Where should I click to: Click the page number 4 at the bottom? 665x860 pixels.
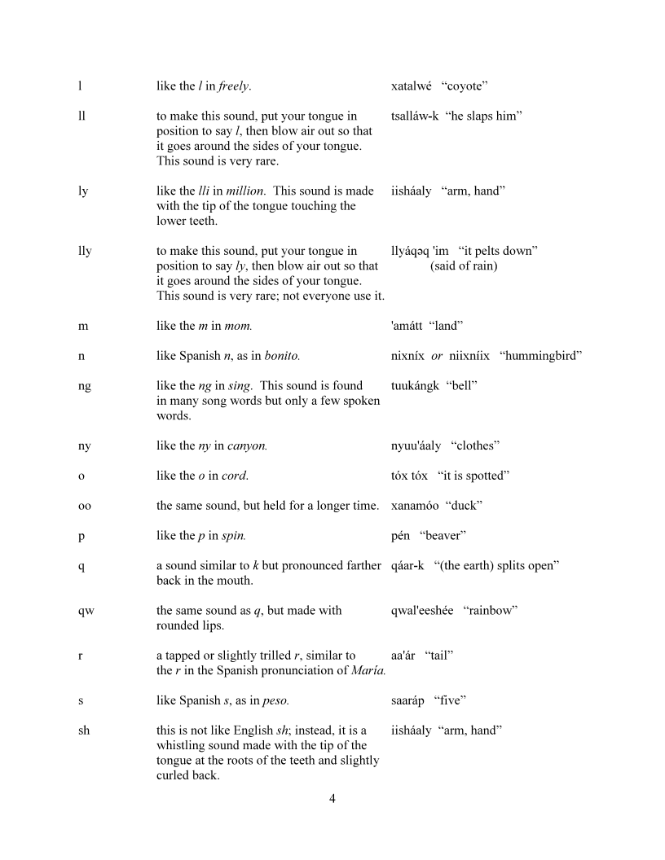(x=332, y=798)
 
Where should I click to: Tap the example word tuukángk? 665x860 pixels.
(x=416, y=386)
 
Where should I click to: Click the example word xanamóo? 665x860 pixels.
(x=416, y=506)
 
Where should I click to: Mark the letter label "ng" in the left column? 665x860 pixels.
(x=85, y=386)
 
